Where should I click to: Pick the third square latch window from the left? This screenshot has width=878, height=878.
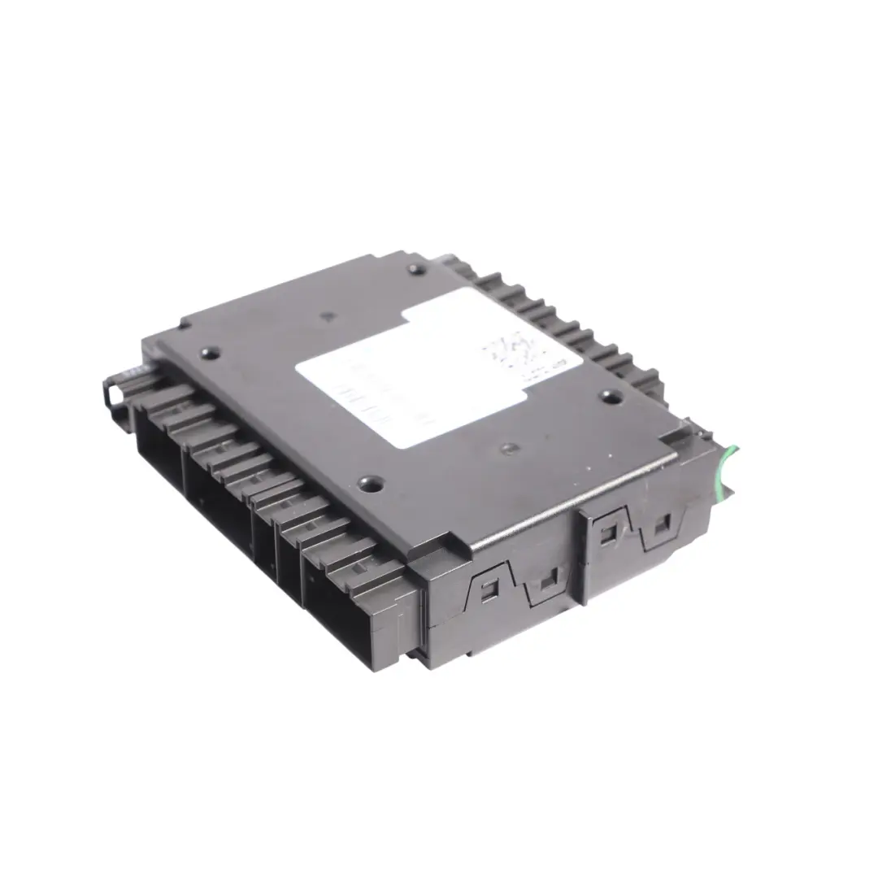coord(606,532)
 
